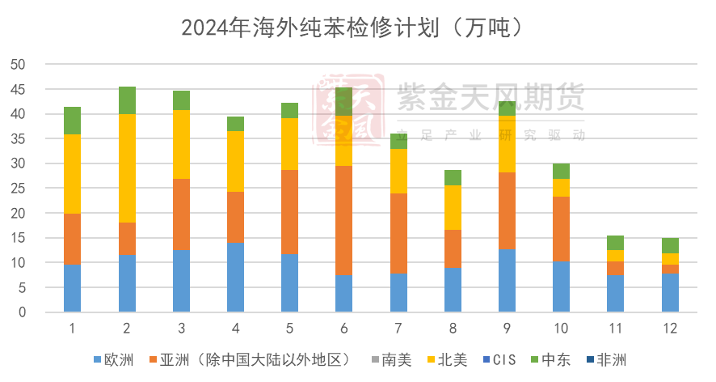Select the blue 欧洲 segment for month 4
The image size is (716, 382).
[x=235, y=277]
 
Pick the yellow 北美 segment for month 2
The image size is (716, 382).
[x=127, y=168]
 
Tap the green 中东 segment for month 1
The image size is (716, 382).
[x=73, y=121]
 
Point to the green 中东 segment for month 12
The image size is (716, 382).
[x=670, y=245]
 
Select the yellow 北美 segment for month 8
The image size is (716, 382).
[x=453, y=207]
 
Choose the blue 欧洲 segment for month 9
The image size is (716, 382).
[x=507, y=280]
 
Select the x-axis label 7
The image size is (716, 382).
[x=398, y=329]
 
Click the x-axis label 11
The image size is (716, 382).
[x=615, y=329]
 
